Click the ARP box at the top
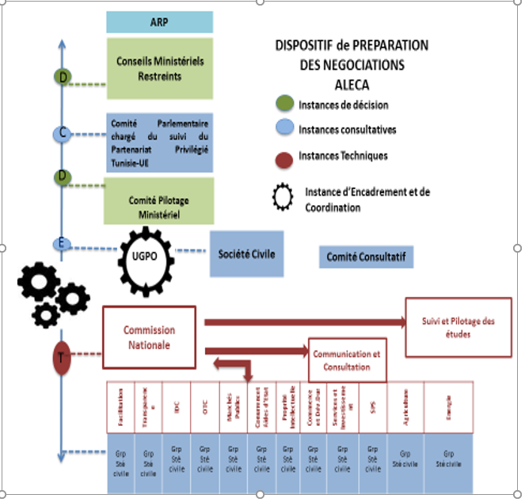point(159,22)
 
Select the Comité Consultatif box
point(370,257)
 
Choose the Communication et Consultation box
point(347,362)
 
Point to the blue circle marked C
point(63,134)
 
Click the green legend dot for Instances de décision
point(285,104)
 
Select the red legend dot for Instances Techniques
point(285,157)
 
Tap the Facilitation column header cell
point(120,409)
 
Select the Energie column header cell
point(449,409)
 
